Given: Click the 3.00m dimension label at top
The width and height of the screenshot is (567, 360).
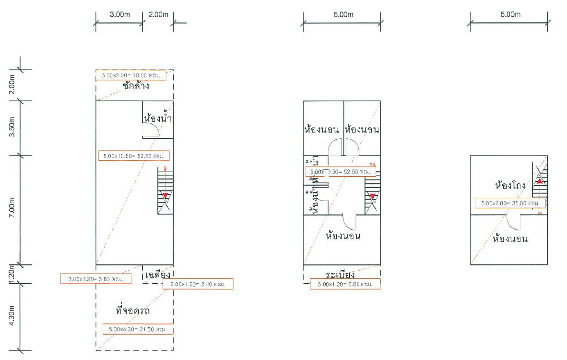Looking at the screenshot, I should (119, 14).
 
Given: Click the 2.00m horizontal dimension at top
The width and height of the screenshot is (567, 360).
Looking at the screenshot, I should (158, 14).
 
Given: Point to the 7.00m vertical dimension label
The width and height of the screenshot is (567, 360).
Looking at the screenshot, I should (13, 210).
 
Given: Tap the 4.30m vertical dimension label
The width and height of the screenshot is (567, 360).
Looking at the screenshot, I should (13, 316).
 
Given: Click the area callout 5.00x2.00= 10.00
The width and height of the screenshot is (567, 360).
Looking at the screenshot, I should (130, 75).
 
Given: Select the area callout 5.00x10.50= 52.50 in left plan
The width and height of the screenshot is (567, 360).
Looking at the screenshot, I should (136, 156).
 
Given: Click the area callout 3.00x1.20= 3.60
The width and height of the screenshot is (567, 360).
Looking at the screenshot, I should (95, 279).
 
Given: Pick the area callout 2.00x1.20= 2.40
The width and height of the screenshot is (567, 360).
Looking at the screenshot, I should (198, 284).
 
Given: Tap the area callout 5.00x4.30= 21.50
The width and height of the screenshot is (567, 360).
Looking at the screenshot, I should (138, 329).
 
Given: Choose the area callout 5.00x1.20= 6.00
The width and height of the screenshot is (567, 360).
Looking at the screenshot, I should (345, 284).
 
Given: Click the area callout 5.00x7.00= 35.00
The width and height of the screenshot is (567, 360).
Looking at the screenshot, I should (510, 203).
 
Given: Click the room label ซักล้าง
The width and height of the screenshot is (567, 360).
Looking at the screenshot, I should (136, 87).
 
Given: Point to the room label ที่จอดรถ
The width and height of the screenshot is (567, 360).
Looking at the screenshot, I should (133, 311).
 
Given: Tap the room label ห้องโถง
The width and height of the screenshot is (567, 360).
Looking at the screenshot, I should (509, 185).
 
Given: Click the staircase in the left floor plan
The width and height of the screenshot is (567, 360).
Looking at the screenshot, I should (165, 191).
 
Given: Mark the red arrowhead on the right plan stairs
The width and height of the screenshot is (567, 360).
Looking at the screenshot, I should (539, 181).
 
